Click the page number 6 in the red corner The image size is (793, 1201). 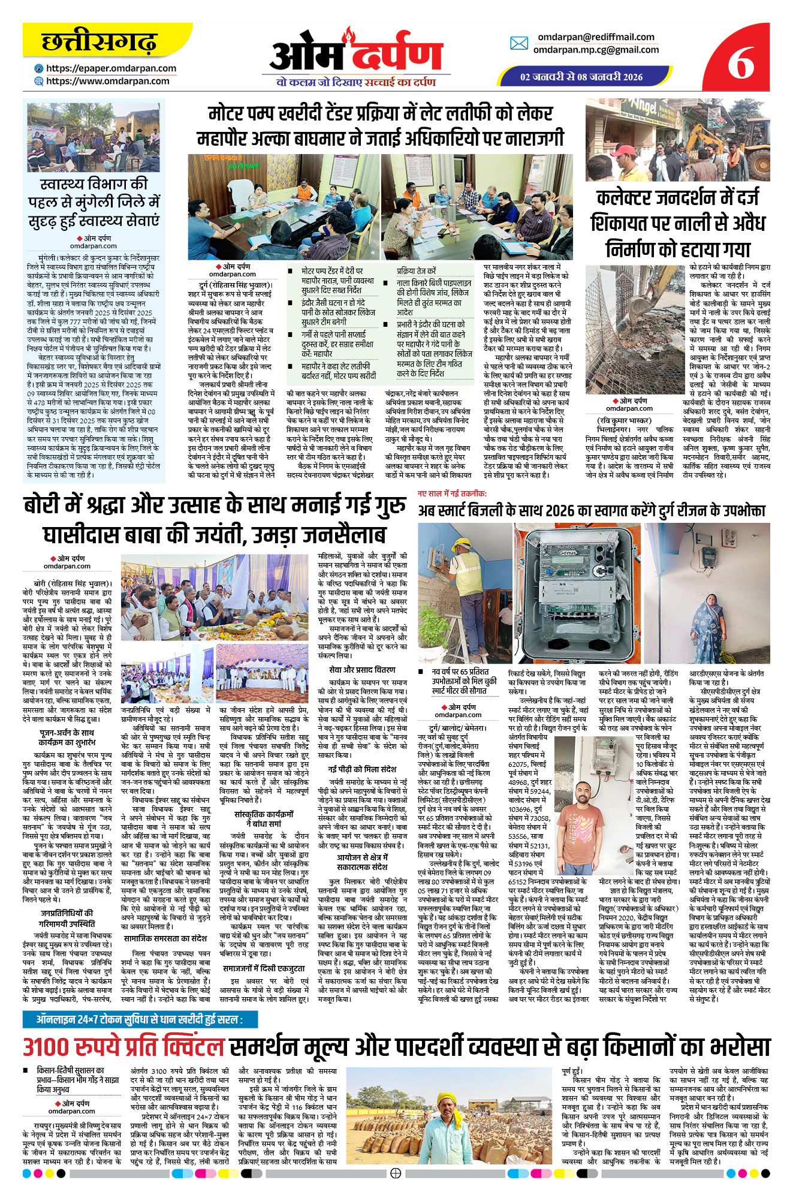coord(741,62)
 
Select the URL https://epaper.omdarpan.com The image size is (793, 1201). coord(111,68)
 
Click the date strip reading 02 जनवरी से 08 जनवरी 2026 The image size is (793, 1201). coord(581,77)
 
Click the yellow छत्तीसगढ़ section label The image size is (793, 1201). coord(99,43)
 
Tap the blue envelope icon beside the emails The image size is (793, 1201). coord(518,43)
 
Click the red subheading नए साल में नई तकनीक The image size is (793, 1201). coord(452,493)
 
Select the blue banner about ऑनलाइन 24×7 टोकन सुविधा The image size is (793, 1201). coord(140,1019)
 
